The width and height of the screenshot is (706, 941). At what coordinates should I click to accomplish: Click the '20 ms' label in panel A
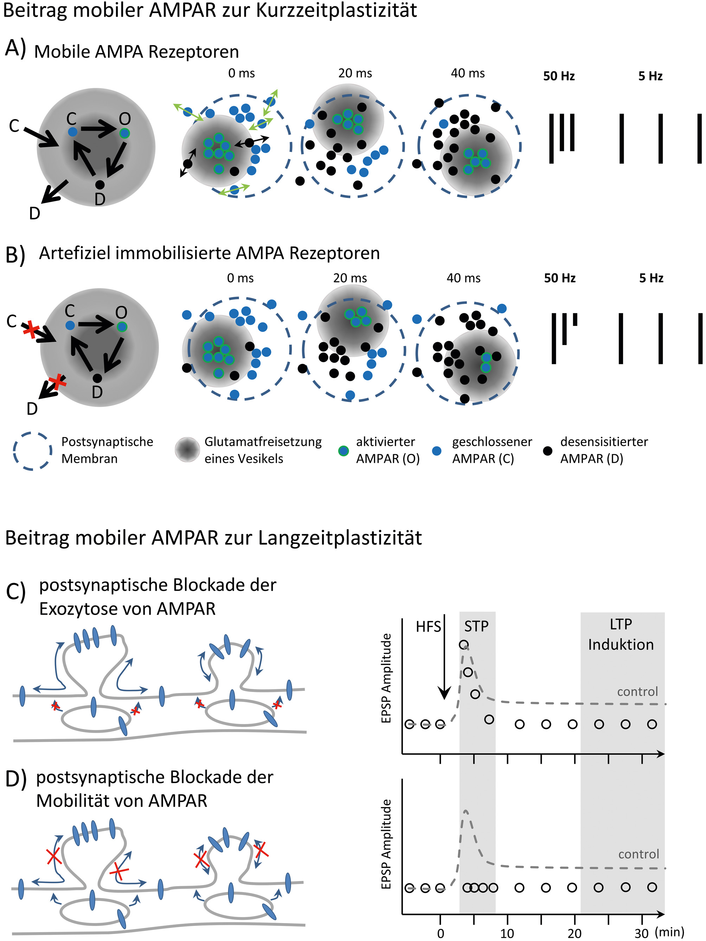click(x=355, y=73)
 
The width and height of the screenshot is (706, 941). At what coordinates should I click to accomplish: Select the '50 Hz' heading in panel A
click(x=558, y=76)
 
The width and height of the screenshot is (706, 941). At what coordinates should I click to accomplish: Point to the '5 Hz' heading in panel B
click(x=651, y=278)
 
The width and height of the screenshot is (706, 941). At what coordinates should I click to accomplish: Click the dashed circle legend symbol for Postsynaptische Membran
click(x=32, y=451)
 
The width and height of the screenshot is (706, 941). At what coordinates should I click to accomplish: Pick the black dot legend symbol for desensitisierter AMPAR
click(x=548, y=450)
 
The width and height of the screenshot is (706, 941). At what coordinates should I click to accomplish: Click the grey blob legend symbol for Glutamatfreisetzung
click(x=187, y=450)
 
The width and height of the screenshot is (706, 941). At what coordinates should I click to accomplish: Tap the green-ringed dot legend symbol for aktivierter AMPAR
click(x=343, y=451)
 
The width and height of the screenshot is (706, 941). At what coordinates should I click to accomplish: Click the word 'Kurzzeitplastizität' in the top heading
click(x=336, y=10)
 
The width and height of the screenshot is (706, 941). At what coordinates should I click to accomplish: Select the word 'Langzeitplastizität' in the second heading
click(x=340, y=538)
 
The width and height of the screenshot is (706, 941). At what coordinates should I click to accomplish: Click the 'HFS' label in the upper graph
click(x=428, y=627)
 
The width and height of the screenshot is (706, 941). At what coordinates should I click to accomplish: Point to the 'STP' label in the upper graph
click(x=476, y=626)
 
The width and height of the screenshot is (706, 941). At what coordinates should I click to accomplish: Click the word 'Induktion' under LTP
click(x=621, y=645)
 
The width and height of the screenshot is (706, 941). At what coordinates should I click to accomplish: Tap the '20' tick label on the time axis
click(x=574, y=933)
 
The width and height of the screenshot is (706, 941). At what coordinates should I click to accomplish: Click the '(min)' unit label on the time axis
click(x=669, y=932)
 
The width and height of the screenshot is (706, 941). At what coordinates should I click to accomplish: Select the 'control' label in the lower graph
click(x=638, y=854)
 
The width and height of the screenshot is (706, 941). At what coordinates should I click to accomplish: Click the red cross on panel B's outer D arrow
click(x=57, y=382)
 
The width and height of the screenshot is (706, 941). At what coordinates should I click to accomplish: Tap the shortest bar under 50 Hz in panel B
click(x=575, y=319)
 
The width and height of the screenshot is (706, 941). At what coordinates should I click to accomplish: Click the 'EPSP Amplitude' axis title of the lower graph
click(x=386, y=844)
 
